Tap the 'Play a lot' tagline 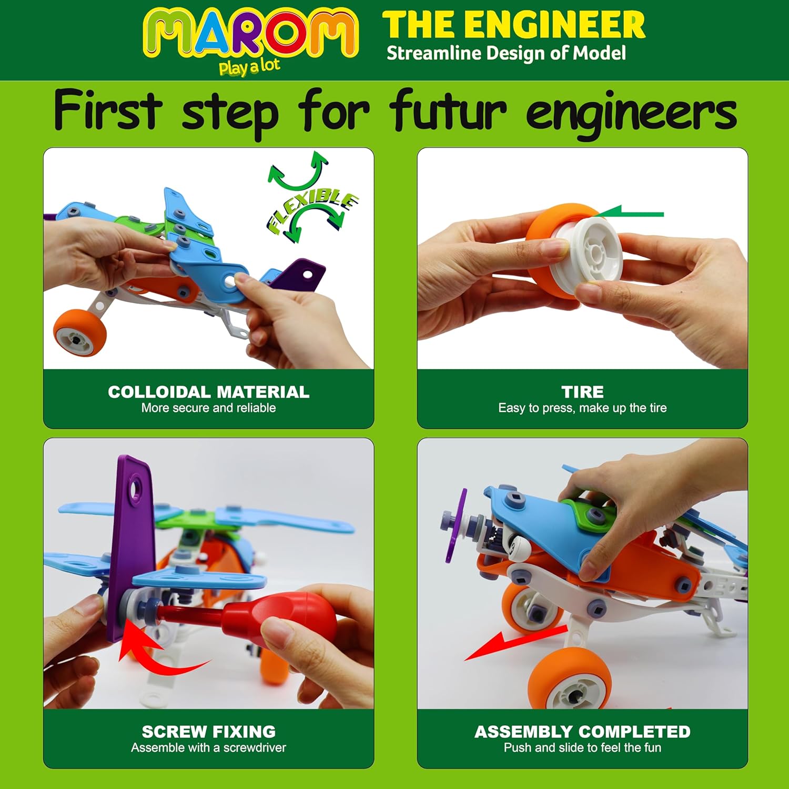point(249,67)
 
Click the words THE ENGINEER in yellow point(513,25)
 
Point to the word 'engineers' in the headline point(631,114)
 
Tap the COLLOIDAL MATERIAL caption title point(209,392)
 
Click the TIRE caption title point(582,392)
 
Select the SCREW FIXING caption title point(209,732)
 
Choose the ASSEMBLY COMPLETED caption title point(582,732)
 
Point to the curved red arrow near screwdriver point(153,652)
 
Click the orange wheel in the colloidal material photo point(80,332)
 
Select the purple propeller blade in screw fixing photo point(131,547)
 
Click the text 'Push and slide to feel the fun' point(582,747)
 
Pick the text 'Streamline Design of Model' point(506,53)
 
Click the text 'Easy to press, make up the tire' point(582,408)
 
